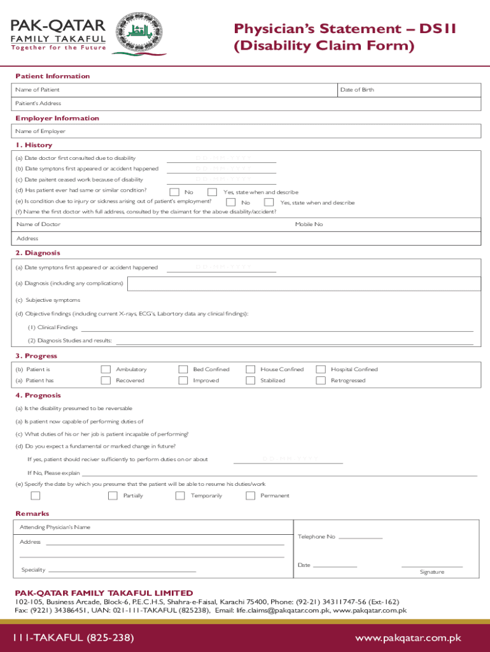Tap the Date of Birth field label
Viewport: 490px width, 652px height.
tap(357, 90)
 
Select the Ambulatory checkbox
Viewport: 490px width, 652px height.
tap(106, 369)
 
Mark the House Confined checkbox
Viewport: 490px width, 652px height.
tap(251, 369)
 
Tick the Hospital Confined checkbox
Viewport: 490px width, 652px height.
tap(321, 369)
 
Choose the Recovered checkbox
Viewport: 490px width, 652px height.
tap(106, 381)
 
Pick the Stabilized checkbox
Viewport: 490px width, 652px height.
tap(251, 381)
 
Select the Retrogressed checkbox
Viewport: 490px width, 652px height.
tap(321, 381)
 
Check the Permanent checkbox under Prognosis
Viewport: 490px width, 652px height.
tap(251, 495)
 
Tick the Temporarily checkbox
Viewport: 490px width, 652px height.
tap(181, 495)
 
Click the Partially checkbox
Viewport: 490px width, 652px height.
tap(113, 495)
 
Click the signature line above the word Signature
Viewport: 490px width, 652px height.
tap(431, 566)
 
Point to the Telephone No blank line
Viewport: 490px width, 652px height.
tap(360, 539)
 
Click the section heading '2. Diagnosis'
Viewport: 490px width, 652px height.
tap(38, 253)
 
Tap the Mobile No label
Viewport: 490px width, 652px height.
tap(309, 224)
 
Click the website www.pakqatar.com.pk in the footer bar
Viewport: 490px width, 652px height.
tap(408, 637)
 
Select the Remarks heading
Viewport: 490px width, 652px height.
tap(32, 514)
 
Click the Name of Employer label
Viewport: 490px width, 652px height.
tap(41, 131)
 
